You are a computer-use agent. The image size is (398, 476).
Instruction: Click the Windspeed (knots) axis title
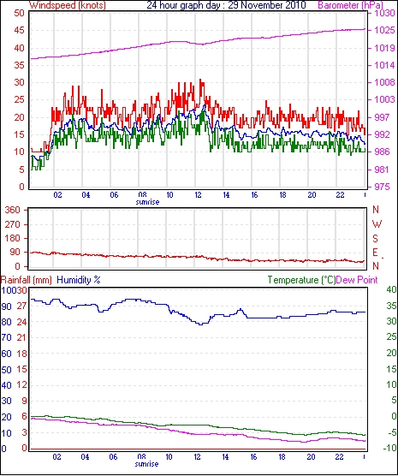pyautogui.click(x=68, y=5)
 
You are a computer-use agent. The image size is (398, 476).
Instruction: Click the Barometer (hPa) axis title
pyautogui.click(x=350, y=5)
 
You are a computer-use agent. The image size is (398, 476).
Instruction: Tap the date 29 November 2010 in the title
pyautogui.click(x=267, y=5)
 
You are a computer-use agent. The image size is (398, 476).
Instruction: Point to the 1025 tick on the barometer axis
pyautogui.click(x=384, y=30)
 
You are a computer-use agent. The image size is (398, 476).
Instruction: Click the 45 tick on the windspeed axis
pyautogui.click(x=19, y=30)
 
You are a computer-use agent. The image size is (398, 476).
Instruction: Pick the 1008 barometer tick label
pyautogui.click(x=384, y=82)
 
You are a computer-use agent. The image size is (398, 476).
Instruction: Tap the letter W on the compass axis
pyautogui.click(x=377, y=224)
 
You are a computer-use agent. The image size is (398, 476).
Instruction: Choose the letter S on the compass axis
pyautogui.click(x=376, y=239)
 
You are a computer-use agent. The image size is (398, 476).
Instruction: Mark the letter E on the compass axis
pyautogui.click(x=376, y=253)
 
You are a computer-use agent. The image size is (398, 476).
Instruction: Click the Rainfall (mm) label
pyautogui.click(x=27, y=280)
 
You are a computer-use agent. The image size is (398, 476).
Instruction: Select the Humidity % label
pyautogui.click(x=79, y=280)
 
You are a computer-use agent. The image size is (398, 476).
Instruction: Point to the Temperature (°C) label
pyautogui.click(x=301, y=280)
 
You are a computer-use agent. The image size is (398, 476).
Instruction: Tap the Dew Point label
pyautogui.click(x=357, y=280)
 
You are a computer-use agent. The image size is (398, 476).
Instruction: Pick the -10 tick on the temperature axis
pyautogui.click(x=390, y=448)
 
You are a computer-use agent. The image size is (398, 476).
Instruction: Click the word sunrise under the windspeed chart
pyautogui.click(x=147, y=202)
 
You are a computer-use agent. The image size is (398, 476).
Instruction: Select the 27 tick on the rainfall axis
pyautogui.click(x=22, y=306)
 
